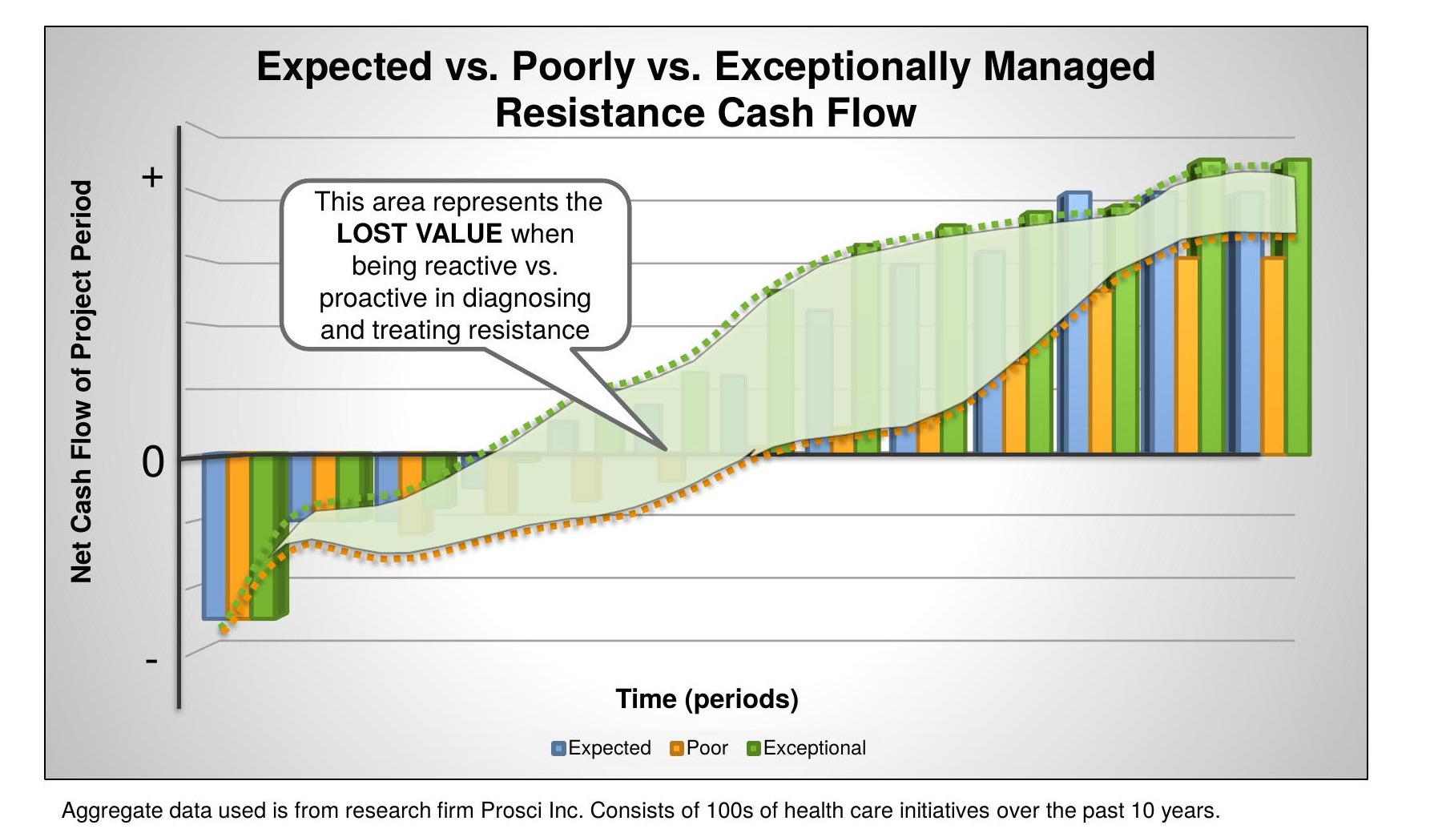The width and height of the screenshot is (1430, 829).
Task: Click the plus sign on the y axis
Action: pyautogui.click(x=152, y=177)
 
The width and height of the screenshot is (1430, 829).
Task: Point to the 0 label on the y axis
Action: pyautogui.click(x=153, y=462)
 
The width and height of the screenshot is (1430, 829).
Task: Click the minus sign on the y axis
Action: pyautogui.click(x=151, y=662)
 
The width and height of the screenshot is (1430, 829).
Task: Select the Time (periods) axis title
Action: pyautogui.click(x=707, y=699)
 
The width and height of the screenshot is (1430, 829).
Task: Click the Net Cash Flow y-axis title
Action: pyautogui.click(x=82, y=381)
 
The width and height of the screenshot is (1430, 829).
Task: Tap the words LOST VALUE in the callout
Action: pyautogui.click(x=419, y=234)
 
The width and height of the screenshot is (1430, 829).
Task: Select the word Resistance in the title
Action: pyautogui.click(x=600, y=113)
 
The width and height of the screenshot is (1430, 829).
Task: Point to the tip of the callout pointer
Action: pyautogui.click(x=663, y=447)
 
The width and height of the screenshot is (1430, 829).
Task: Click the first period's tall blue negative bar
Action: pyautogui.click(x=214, y=537)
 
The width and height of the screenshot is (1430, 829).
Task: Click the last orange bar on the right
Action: pyautogui.click(x=1273, y=356)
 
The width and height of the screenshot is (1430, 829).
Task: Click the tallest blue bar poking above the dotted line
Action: pyautogui.click(x=1074, y=320)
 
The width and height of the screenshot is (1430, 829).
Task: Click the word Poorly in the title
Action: pyautogui.click(x=573, y=66)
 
